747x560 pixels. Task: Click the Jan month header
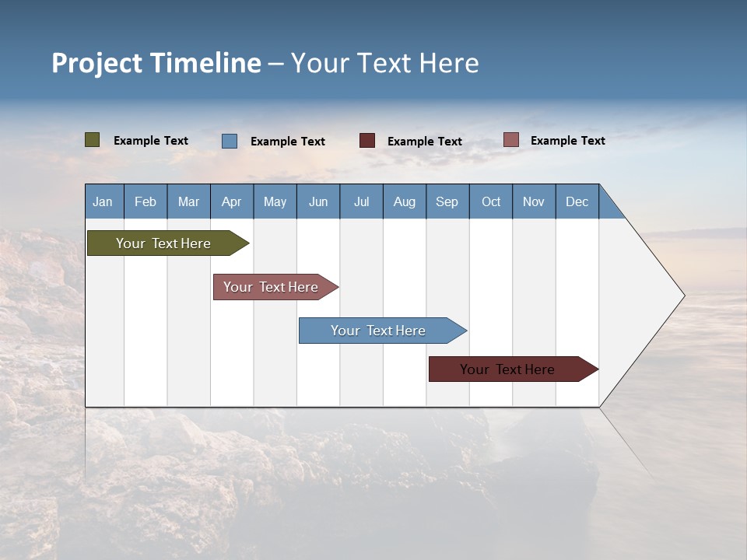[103, 201]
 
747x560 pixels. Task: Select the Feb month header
[146, 201]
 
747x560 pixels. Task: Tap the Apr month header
[231, 201]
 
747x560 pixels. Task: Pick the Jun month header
[317, 201]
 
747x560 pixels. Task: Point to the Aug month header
[404, 201]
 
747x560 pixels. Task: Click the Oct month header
[490, 201]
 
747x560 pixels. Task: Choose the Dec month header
[577, 201]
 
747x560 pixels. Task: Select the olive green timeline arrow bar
[163, 243]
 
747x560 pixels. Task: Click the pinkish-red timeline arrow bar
[271, 287]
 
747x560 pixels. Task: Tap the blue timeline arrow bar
[378, 331]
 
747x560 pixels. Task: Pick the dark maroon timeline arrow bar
[507, 369]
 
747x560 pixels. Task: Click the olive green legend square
[93, 140]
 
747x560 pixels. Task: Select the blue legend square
[230, 141]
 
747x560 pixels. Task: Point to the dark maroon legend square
[367, 141]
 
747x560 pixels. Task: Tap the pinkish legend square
[510, 140]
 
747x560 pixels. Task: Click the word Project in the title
[97, 64]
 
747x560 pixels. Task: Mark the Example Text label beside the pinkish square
[567, 141]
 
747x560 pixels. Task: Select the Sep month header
[447, 201]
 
